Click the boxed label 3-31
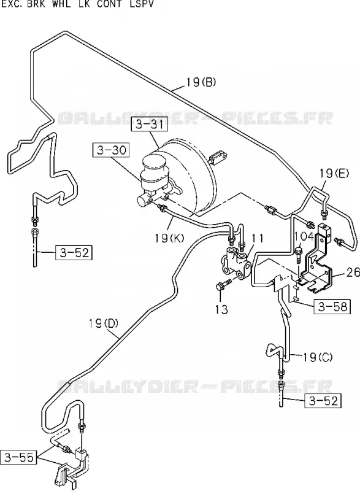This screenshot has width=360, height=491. (x=149, y=125)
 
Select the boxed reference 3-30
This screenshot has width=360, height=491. (x=111, y=150)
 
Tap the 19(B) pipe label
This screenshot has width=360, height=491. (x=201, y=82)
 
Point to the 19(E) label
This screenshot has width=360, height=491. (x=334, y=173)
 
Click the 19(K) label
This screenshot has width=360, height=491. (x=169, y=238)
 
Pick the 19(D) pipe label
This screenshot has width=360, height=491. (x=103, y=323)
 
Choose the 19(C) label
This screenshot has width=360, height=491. (x=318, y=357)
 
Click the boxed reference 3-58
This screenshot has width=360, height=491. (x=332, y=306)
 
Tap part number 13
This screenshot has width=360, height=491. (x=221, y=309)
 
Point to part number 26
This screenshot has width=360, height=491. (x=353, y=272)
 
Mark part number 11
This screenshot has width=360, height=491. (x=258, y=238)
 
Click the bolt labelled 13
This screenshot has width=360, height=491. (x=223, y=285)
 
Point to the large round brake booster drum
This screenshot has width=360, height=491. (x=191, y=176)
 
